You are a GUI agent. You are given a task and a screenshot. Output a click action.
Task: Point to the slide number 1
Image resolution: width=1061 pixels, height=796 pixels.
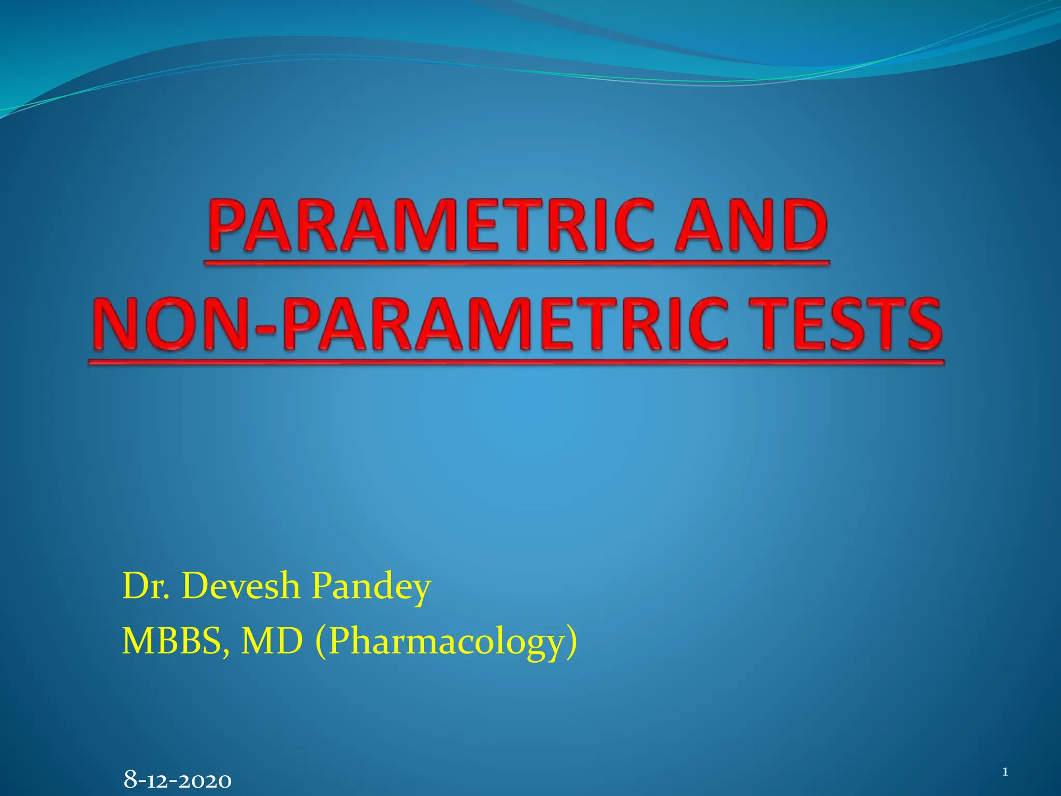1005,773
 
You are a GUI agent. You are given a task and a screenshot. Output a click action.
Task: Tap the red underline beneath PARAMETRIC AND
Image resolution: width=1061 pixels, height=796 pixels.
517,264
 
